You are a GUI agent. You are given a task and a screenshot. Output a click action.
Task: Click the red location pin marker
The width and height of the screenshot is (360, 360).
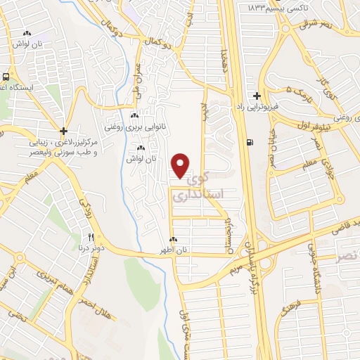coord(181,165)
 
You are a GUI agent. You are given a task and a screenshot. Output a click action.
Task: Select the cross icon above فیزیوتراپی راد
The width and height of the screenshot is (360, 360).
coord(257,96)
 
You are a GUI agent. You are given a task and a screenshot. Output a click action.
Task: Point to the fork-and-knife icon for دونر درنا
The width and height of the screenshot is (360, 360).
coord(91,236)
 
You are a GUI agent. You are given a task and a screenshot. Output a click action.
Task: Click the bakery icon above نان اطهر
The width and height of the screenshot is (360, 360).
coord(173,240)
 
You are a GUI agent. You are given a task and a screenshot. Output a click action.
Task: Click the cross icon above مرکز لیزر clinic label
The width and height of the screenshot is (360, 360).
coord(63,131)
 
